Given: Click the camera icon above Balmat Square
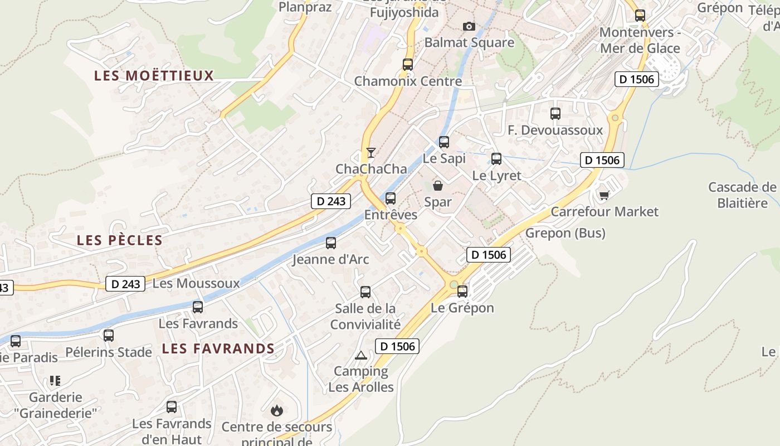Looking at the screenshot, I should (x=469, y=26).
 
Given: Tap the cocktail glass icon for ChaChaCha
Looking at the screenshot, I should (x=370, y=152).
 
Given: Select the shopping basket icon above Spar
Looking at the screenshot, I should (x=438, y=186).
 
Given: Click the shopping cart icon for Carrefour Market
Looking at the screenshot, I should (x=604, y=195).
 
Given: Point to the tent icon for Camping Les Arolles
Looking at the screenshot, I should (x=361, y=355).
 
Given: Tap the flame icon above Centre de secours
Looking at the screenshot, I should (x=276, y=411).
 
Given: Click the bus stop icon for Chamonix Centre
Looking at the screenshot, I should (x=408, y=65).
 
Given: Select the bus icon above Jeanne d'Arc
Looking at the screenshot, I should (x=331, y=243).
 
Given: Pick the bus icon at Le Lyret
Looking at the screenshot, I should (x=496, y=159).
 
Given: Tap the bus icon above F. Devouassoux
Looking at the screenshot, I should (x=555, y=114).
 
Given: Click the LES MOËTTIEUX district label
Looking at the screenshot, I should (x=154, y=76).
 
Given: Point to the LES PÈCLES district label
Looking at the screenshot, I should (x=120, y=240).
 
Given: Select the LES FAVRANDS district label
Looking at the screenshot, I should (x=218, y=349).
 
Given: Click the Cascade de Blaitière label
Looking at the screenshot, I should (x=742, y=195).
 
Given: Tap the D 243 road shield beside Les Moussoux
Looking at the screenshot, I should (x=125, y=284).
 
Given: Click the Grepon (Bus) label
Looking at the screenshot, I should (x=565, y=233).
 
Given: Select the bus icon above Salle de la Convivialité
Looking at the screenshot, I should (x=365, y=292).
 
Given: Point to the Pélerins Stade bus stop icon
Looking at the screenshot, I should (x=109, y=336).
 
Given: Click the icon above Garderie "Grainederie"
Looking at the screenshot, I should (x=55, y=381).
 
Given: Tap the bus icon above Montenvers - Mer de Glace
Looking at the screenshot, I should (x=640, y=16).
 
